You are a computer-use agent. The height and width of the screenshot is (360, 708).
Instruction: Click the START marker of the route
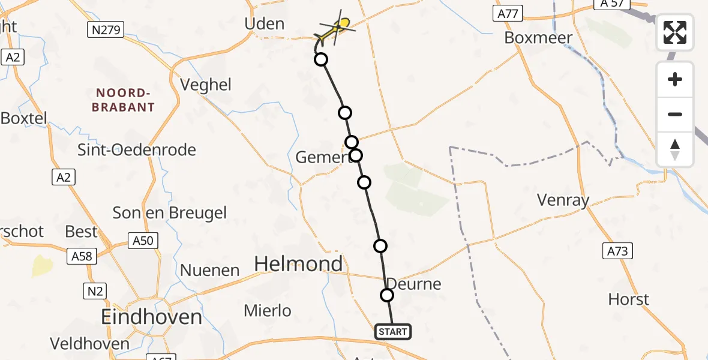click(393, 332)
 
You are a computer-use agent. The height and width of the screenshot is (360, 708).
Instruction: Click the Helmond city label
click(299, 263)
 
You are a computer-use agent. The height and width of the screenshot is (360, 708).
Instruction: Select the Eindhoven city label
click(151, 317)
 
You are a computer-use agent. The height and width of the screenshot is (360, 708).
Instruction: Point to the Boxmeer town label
click(538, 38)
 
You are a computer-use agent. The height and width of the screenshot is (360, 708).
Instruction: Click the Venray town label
click(563, 200)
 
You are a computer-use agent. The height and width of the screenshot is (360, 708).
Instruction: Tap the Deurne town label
click(413, 284)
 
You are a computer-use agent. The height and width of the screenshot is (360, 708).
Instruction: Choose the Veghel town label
click(206, 85)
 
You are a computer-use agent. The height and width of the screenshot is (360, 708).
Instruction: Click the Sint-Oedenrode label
click(137, 149)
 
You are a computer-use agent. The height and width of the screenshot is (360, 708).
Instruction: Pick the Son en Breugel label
click(170, 212)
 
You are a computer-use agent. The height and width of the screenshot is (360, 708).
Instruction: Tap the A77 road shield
click(508, 14)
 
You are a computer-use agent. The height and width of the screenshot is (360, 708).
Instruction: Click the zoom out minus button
click(675, 114)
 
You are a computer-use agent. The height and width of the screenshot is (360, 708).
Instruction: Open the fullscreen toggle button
click(675, 32)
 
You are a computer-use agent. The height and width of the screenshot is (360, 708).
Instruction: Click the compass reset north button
click(675, 149)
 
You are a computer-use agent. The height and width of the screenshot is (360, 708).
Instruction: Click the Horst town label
click(628, 299)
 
